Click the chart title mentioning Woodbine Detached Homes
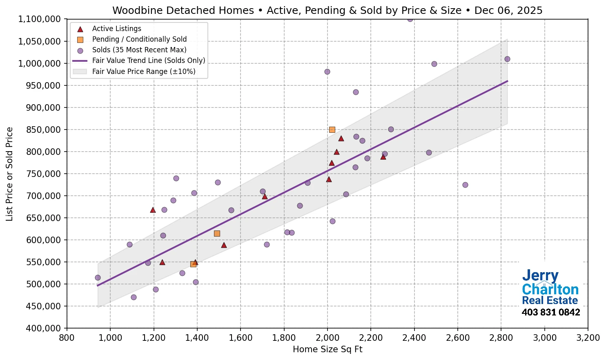click(327, 10)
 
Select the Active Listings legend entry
click(116, 29)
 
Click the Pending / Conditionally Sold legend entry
click(139, 39)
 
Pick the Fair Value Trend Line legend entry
click(149, 60)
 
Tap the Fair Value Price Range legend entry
click(144, 72)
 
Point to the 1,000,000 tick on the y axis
click(39, 63)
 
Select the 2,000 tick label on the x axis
click(327, 338)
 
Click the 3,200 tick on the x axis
click(588, 338)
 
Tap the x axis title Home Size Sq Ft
click(328, 349)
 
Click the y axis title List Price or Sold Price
click(10, 174)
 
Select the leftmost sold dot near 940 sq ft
click(98, 278)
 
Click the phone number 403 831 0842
click(550, 313)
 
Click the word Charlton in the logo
click(550, 289)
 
